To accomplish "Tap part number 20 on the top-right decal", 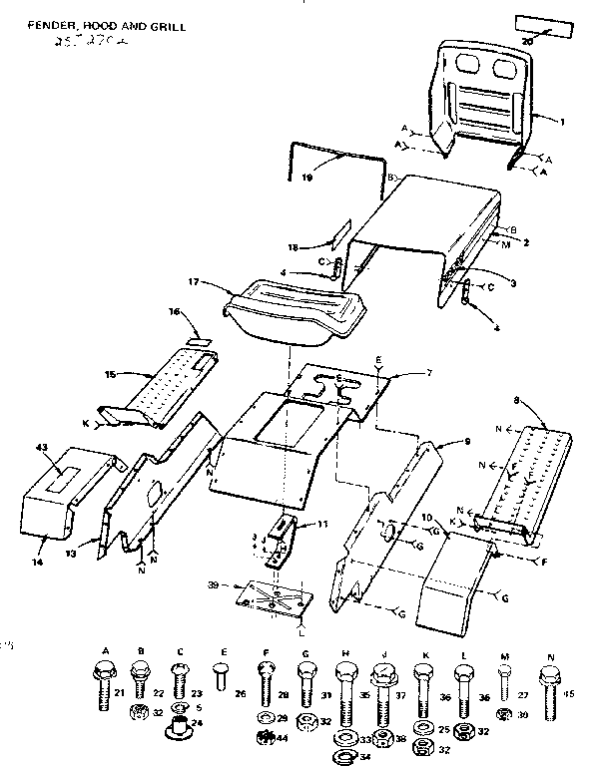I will coord(529,43).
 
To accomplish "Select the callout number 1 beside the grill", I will coord(562,122).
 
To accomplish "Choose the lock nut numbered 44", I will coord(265,738).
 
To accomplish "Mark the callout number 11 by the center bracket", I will coord(321,523).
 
